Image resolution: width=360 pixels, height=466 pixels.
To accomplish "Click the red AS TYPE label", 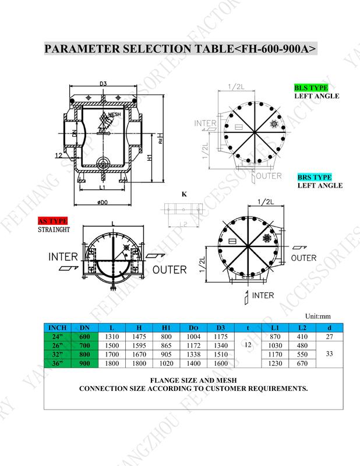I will click(52, 221).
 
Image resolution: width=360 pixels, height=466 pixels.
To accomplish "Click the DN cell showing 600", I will click(84, 336).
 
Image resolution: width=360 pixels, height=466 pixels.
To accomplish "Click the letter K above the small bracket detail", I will click(184, 194).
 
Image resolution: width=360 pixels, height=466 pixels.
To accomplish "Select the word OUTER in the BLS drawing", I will click(269, 175).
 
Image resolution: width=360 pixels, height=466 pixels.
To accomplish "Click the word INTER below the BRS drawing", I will click(263, 295).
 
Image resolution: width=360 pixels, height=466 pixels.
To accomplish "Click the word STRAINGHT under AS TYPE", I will click(54, 230).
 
